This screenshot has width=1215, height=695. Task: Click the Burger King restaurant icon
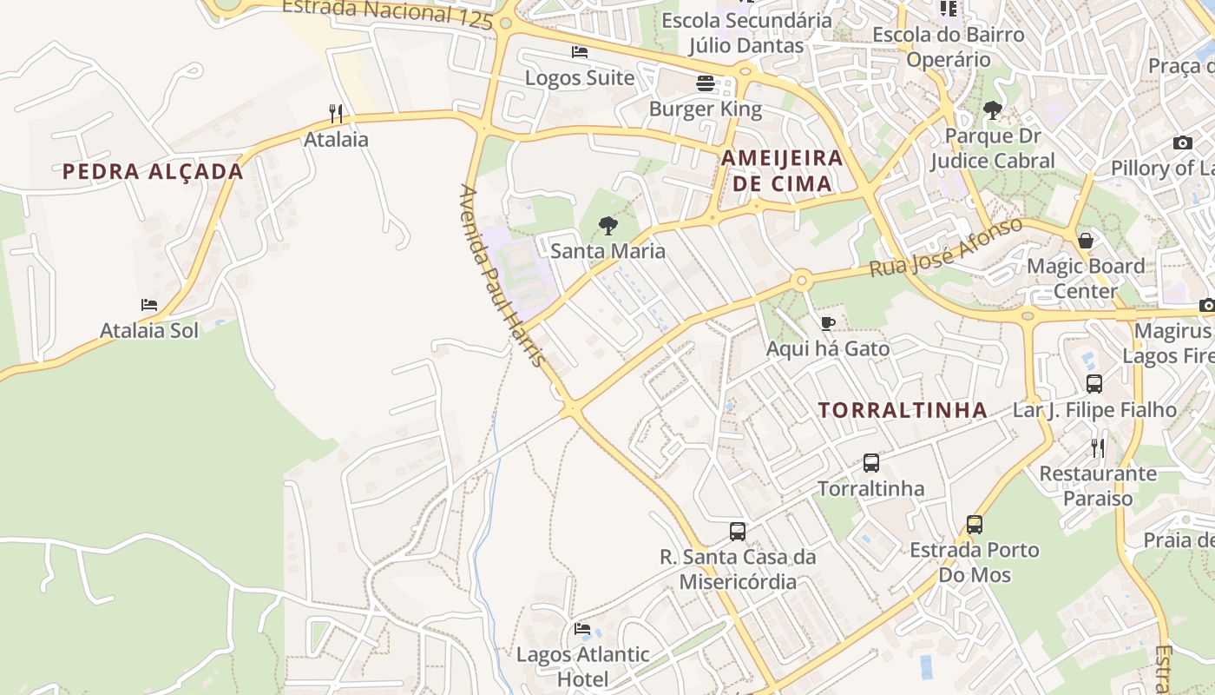point(706,83)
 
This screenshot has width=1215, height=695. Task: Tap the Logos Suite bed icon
point(580,52)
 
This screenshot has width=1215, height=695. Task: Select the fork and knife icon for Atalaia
point(336,113)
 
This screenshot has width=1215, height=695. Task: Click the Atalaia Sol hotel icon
point(149,305)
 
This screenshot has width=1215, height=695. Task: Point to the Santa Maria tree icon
point(608,226)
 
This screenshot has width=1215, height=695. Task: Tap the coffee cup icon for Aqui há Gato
point(828,323)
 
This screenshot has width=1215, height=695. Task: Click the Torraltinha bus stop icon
point(871,463)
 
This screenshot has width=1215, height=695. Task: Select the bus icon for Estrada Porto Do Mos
point(975,525)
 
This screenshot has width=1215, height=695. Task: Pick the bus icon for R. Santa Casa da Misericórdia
point(738,531)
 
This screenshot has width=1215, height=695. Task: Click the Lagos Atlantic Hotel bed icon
point(582,628)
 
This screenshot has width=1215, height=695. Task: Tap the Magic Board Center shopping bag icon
point(1085,241)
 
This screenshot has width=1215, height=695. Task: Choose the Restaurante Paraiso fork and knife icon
point(1098,448)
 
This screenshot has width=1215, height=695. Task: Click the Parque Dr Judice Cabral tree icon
point(993,110)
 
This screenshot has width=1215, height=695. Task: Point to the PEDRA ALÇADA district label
point(153,171)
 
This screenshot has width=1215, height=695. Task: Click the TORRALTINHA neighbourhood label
point(903,410)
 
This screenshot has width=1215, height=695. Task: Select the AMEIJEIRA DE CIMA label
point(782,170)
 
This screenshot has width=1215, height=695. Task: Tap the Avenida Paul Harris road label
point(503,274)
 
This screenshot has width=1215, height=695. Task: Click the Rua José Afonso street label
point(946,248)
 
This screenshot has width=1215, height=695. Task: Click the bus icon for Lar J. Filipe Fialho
point(1094,383)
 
